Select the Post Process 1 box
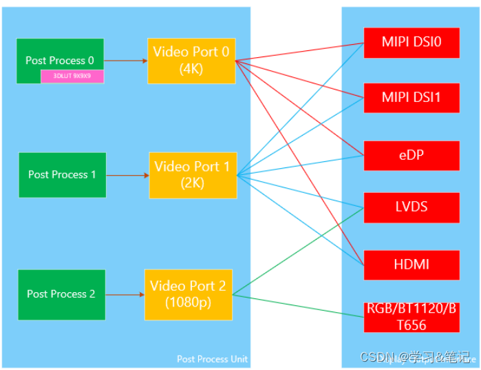tap(63, 174)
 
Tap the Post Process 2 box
tap(61, 294)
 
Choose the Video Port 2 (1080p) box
tap(188, 294)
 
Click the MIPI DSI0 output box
tap(411, 43)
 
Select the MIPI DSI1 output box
tap(411, 98)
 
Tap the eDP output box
tap(411, 155)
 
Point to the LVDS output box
tap(411, 207)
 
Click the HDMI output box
tap(411, 265)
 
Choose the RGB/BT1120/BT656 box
tap(411, 316)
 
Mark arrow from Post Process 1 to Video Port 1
tap(127, 175)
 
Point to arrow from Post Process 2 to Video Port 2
tap(125, 295)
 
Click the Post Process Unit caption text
tap(212, 359)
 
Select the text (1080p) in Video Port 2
tap(188, 302)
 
